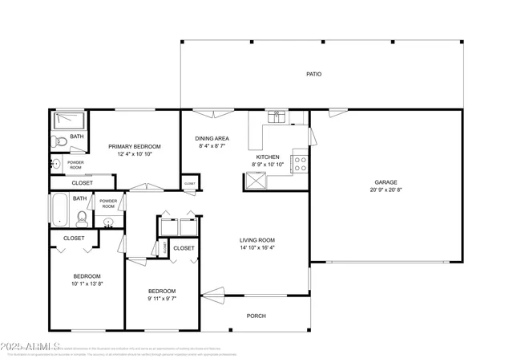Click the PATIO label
[313, 74]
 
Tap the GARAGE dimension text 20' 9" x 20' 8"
[385, 190]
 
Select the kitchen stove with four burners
[299, 164]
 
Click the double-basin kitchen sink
[277, 119]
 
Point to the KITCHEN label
[267, 157]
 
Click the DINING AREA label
[212, 138]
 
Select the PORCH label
[256, 316]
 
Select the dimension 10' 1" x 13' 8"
[87, 283]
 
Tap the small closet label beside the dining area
[189, 184]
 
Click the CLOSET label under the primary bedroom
[82, 183]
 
